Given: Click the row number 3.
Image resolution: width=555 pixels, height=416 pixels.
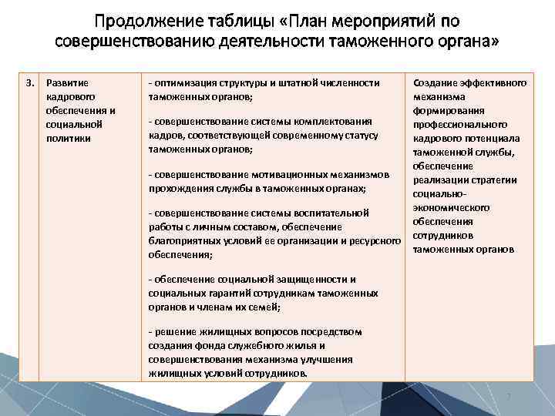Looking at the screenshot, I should pos(29,82).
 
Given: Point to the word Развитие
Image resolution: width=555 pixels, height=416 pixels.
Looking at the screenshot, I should pos(68,82).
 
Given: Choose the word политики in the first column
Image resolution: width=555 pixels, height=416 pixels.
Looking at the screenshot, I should pos(69,138).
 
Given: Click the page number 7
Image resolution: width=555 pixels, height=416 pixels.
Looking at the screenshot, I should pos(509,397).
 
